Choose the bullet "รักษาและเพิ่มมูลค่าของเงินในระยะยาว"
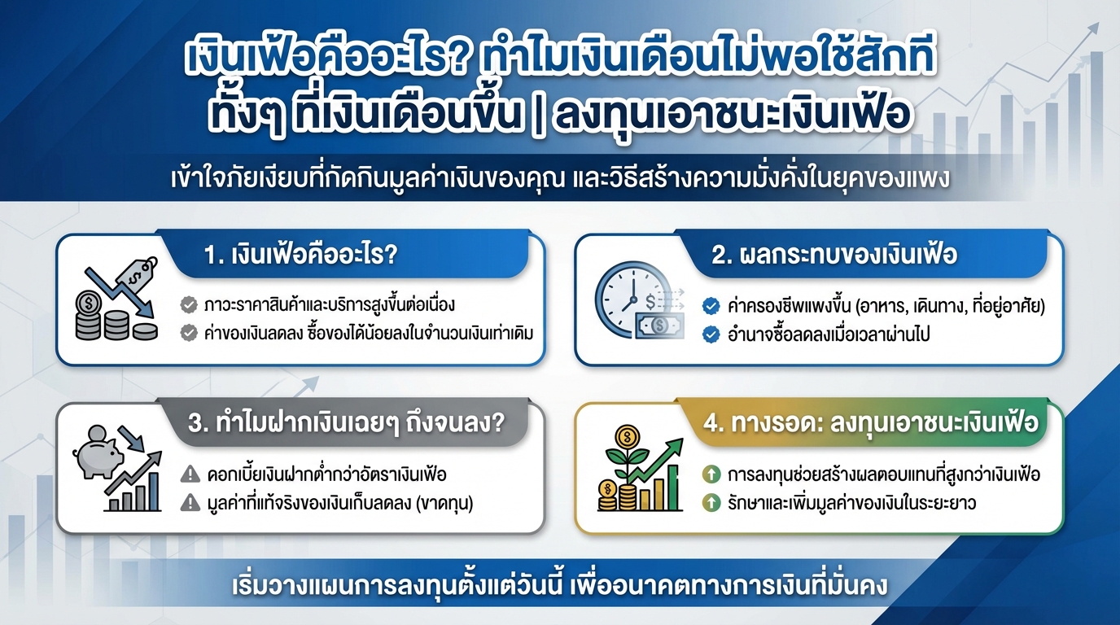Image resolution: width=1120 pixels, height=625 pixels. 851,503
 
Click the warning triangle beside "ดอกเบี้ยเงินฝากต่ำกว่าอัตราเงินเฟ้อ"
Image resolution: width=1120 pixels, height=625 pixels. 190,473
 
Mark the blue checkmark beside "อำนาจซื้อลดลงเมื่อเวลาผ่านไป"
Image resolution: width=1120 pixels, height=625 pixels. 711,334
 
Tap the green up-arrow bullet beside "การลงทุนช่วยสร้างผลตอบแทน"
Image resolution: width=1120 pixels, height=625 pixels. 711,474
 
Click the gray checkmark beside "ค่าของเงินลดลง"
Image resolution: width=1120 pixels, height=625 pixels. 189,333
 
